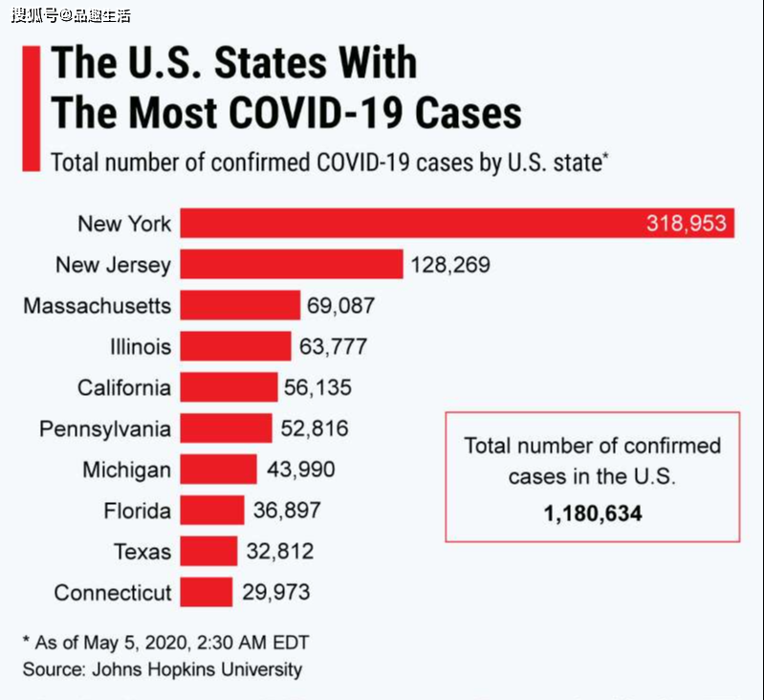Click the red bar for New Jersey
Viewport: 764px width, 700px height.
292,264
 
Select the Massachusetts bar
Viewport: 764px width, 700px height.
240,305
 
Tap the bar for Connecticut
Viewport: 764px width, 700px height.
207,592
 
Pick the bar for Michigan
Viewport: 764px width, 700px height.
219,470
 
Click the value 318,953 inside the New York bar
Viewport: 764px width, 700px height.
687,224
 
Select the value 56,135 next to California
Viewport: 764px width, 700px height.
317,387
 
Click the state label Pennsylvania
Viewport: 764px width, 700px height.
105,428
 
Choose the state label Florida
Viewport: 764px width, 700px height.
138,511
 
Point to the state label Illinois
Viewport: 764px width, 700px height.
140,346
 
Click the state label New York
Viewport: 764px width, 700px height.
124,224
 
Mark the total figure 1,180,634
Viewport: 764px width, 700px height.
593,514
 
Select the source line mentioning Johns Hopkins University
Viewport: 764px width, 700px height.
163,669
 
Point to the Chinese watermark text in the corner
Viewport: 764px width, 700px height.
71,15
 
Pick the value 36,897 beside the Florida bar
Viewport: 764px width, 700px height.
287,511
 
